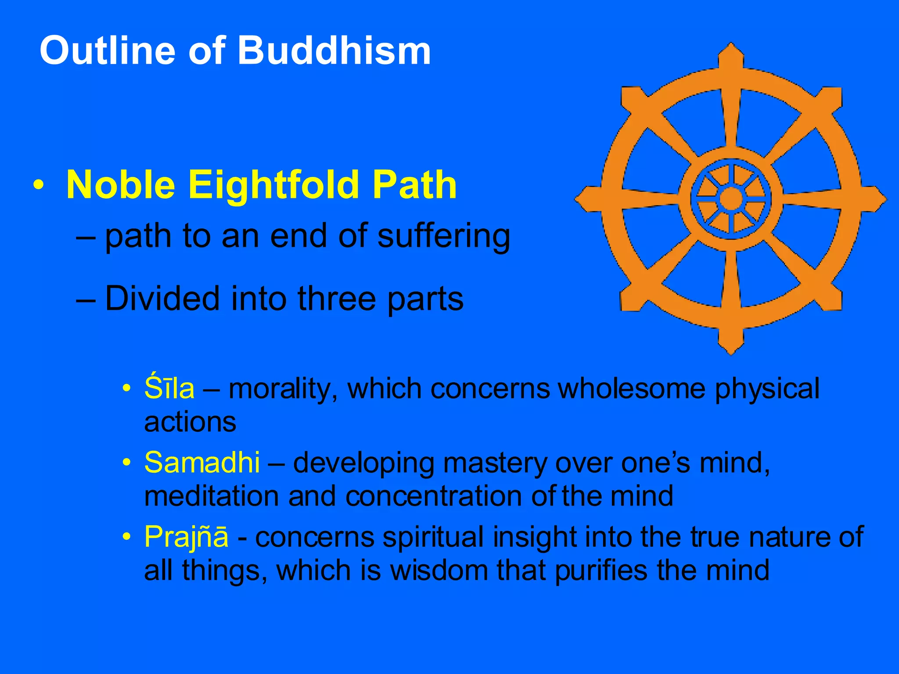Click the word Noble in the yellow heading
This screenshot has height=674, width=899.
(121, 185)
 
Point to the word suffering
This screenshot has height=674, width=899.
(443, 237)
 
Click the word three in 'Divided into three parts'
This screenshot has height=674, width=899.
(337, 299)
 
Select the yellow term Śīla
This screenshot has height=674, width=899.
(169, 388)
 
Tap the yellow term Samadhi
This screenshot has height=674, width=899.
(202, 462)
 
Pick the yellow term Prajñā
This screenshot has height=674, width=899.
(186, 537)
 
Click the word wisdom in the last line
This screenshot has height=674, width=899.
(439, 570)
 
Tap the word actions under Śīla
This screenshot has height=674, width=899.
(190, 422)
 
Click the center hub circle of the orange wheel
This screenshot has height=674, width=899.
(731, 199)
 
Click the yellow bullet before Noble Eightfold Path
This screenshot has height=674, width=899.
(39, 185)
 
